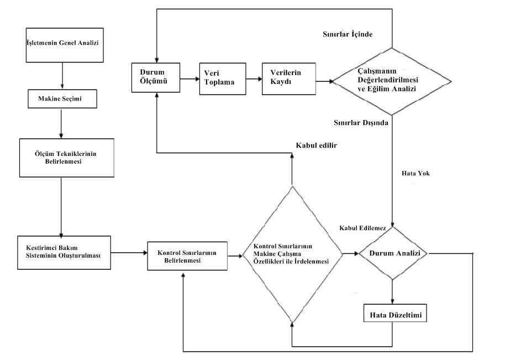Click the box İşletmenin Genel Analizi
pyautogui.click(x=62, y=43)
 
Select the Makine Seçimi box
pyautogui.click(x=62, y=99)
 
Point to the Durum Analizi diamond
pyautogui.click(x=392, y=254)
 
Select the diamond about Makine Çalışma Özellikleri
pyautogui.click(x=291, y=255)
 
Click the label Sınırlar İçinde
pyautogui.click(x=347, y=34)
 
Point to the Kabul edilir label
pyautogui.click(x=317, y=145)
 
